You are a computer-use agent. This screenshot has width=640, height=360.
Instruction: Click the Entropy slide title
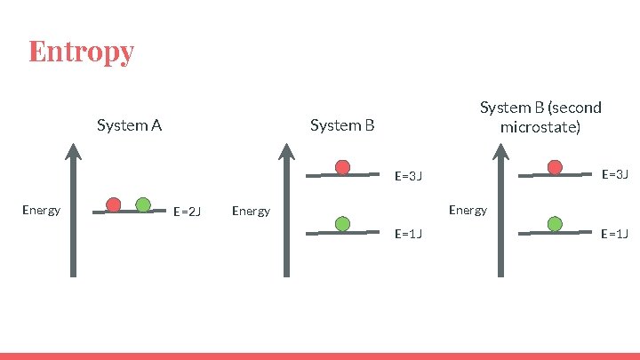coord(81,51)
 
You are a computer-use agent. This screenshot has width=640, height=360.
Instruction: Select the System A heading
coord(129,125)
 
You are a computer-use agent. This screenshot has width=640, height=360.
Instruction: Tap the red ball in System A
coord(114,204)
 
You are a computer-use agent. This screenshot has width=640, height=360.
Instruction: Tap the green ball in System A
coord(143,204)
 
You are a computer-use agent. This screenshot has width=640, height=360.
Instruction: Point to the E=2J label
coord(187,212)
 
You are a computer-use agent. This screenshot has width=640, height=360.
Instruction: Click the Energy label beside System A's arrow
coord(41,211)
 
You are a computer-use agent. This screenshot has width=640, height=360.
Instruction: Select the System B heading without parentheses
coord(342,125)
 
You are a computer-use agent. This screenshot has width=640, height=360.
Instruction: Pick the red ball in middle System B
coord(342,167)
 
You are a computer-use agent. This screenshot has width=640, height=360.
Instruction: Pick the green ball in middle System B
coord(342,224)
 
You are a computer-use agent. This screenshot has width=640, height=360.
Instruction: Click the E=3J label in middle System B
coord(407,176)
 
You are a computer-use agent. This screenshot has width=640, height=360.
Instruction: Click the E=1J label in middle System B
coord(407,234)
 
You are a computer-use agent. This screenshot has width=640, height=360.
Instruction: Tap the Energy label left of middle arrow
coord(251,212)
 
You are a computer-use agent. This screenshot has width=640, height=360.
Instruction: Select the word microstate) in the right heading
coord(540,127)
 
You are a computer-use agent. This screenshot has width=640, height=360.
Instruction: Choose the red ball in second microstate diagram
coord(556,167)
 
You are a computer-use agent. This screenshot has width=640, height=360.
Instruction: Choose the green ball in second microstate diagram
coord(556,224)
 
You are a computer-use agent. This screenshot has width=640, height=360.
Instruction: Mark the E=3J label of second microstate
coord(615,174)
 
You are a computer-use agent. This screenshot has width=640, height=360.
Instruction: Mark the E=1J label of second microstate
coord(615,234)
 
